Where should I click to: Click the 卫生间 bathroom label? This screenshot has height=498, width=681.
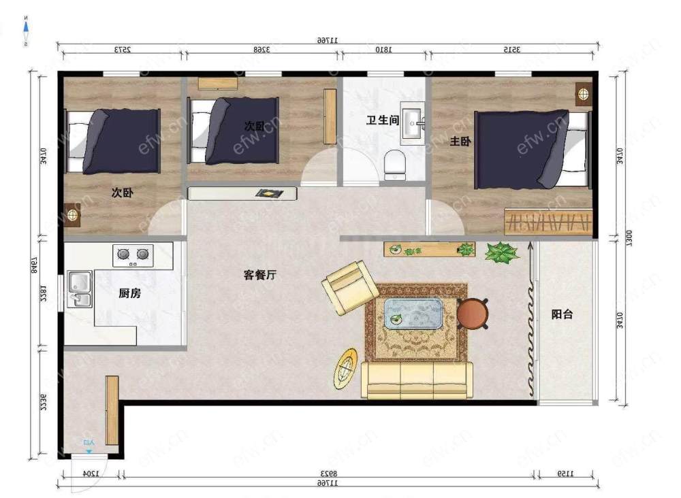382,120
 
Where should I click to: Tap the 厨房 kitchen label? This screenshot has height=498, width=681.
129,293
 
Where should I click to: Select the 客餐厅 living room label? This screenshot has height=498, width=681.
259,275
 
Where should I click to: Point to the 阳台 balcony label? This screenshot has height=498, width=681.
562,314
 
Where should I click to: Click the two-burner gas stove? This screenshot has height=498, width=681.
133,254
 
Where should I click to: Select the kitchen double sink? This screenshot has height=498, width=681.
79,289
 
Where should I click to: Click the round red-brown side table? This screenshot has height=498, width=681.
473,314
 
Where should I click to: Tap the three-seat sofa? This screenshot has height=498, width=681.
417,380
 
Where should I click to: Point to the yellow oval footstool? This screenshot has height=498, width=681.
347,369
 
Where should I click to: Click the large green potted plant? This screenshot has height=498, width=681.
502,253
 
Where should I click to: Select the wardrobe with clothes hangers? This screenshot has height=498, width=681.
548,222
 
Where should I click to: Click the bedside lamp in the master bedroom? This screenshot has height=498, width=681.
583,93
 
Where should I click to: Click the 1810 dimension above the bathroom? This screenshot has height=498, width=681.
383,49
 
